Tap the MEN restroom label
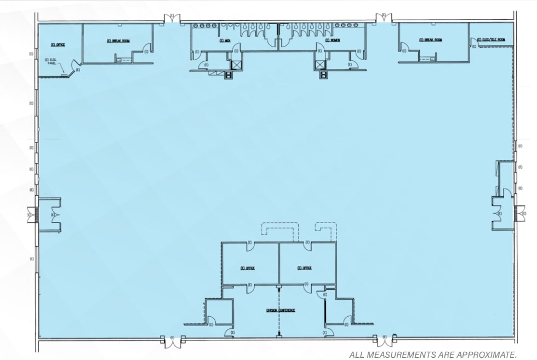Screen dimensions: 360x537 click(225, 41)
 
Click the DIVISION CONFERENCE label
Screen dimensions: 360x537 click(281, 310)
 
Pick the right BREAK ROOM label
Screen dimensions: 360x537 click(431, 40)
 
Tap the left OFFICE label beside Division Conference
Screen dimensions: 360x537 click(249, 268)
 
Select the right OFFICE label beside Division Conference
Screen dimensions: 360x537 click(305, 268)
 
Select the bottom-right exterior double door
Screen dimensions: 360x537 click(385, 341)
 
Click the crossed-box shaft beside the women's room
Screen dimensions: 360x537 click(320, 65)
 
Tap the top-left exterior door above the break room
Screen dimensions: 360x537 click(172, 18)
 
